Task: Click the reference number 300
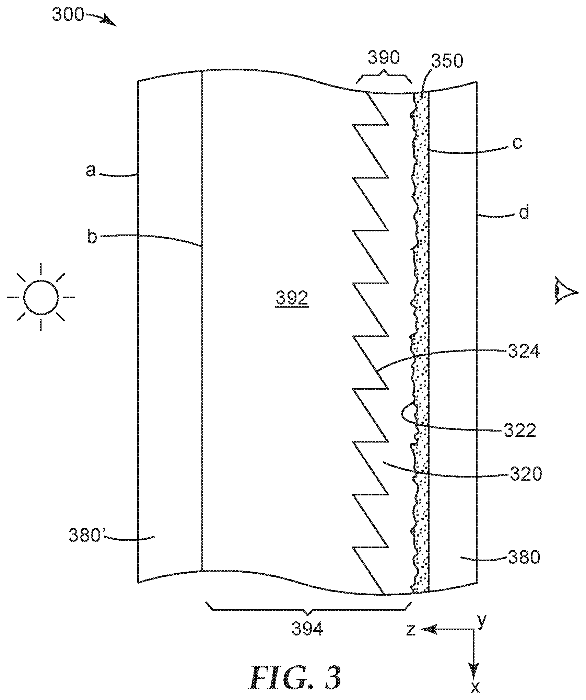68,15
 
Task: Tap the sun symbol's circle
41,297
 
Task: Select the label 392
292,298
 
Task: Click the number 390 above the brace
384,58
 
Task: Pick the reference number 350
447,62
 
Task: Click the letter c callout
517,143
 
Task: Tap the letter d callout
523,213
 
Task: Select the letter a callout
91,170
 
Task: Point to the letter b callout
92,237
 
